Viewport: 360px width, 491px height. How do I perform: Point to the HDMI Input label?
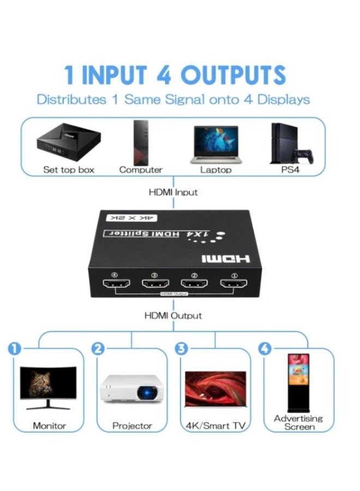(x=173, y=192)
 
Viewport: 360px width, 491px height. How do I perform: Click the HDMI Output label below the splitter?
(x=173, y=315)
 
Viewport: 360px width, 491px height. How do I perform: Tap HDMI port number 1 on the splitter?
(x=233, y=284)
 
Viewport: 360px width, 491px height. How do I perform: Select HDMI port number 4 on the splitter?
(x=115, y=284)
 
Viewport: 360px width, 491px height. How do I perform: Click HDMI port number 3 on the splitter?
(x=154, y=284)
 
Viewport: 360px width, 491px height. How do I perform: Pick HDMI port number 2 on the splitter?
(x=194, y=284)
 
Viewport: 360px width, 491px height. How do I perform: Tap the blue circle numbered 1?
(x=14, y=348)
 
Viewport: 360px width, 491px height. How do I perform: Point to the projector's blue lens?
(x=147, y=391)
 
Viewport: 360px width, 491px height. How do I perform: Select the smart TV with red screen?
(x=215, y=387)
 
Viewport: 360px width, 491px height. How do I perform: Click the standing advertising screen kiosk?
(x=298, y=382)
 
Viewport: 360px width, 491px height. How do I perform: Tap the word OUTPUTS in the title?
(x=233, y=75)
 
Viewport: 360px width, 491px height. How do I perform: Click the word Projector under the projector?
(x=131, y=426)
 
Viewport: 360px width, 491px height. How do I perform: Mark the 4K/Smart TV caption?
(x=215, y=426)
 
